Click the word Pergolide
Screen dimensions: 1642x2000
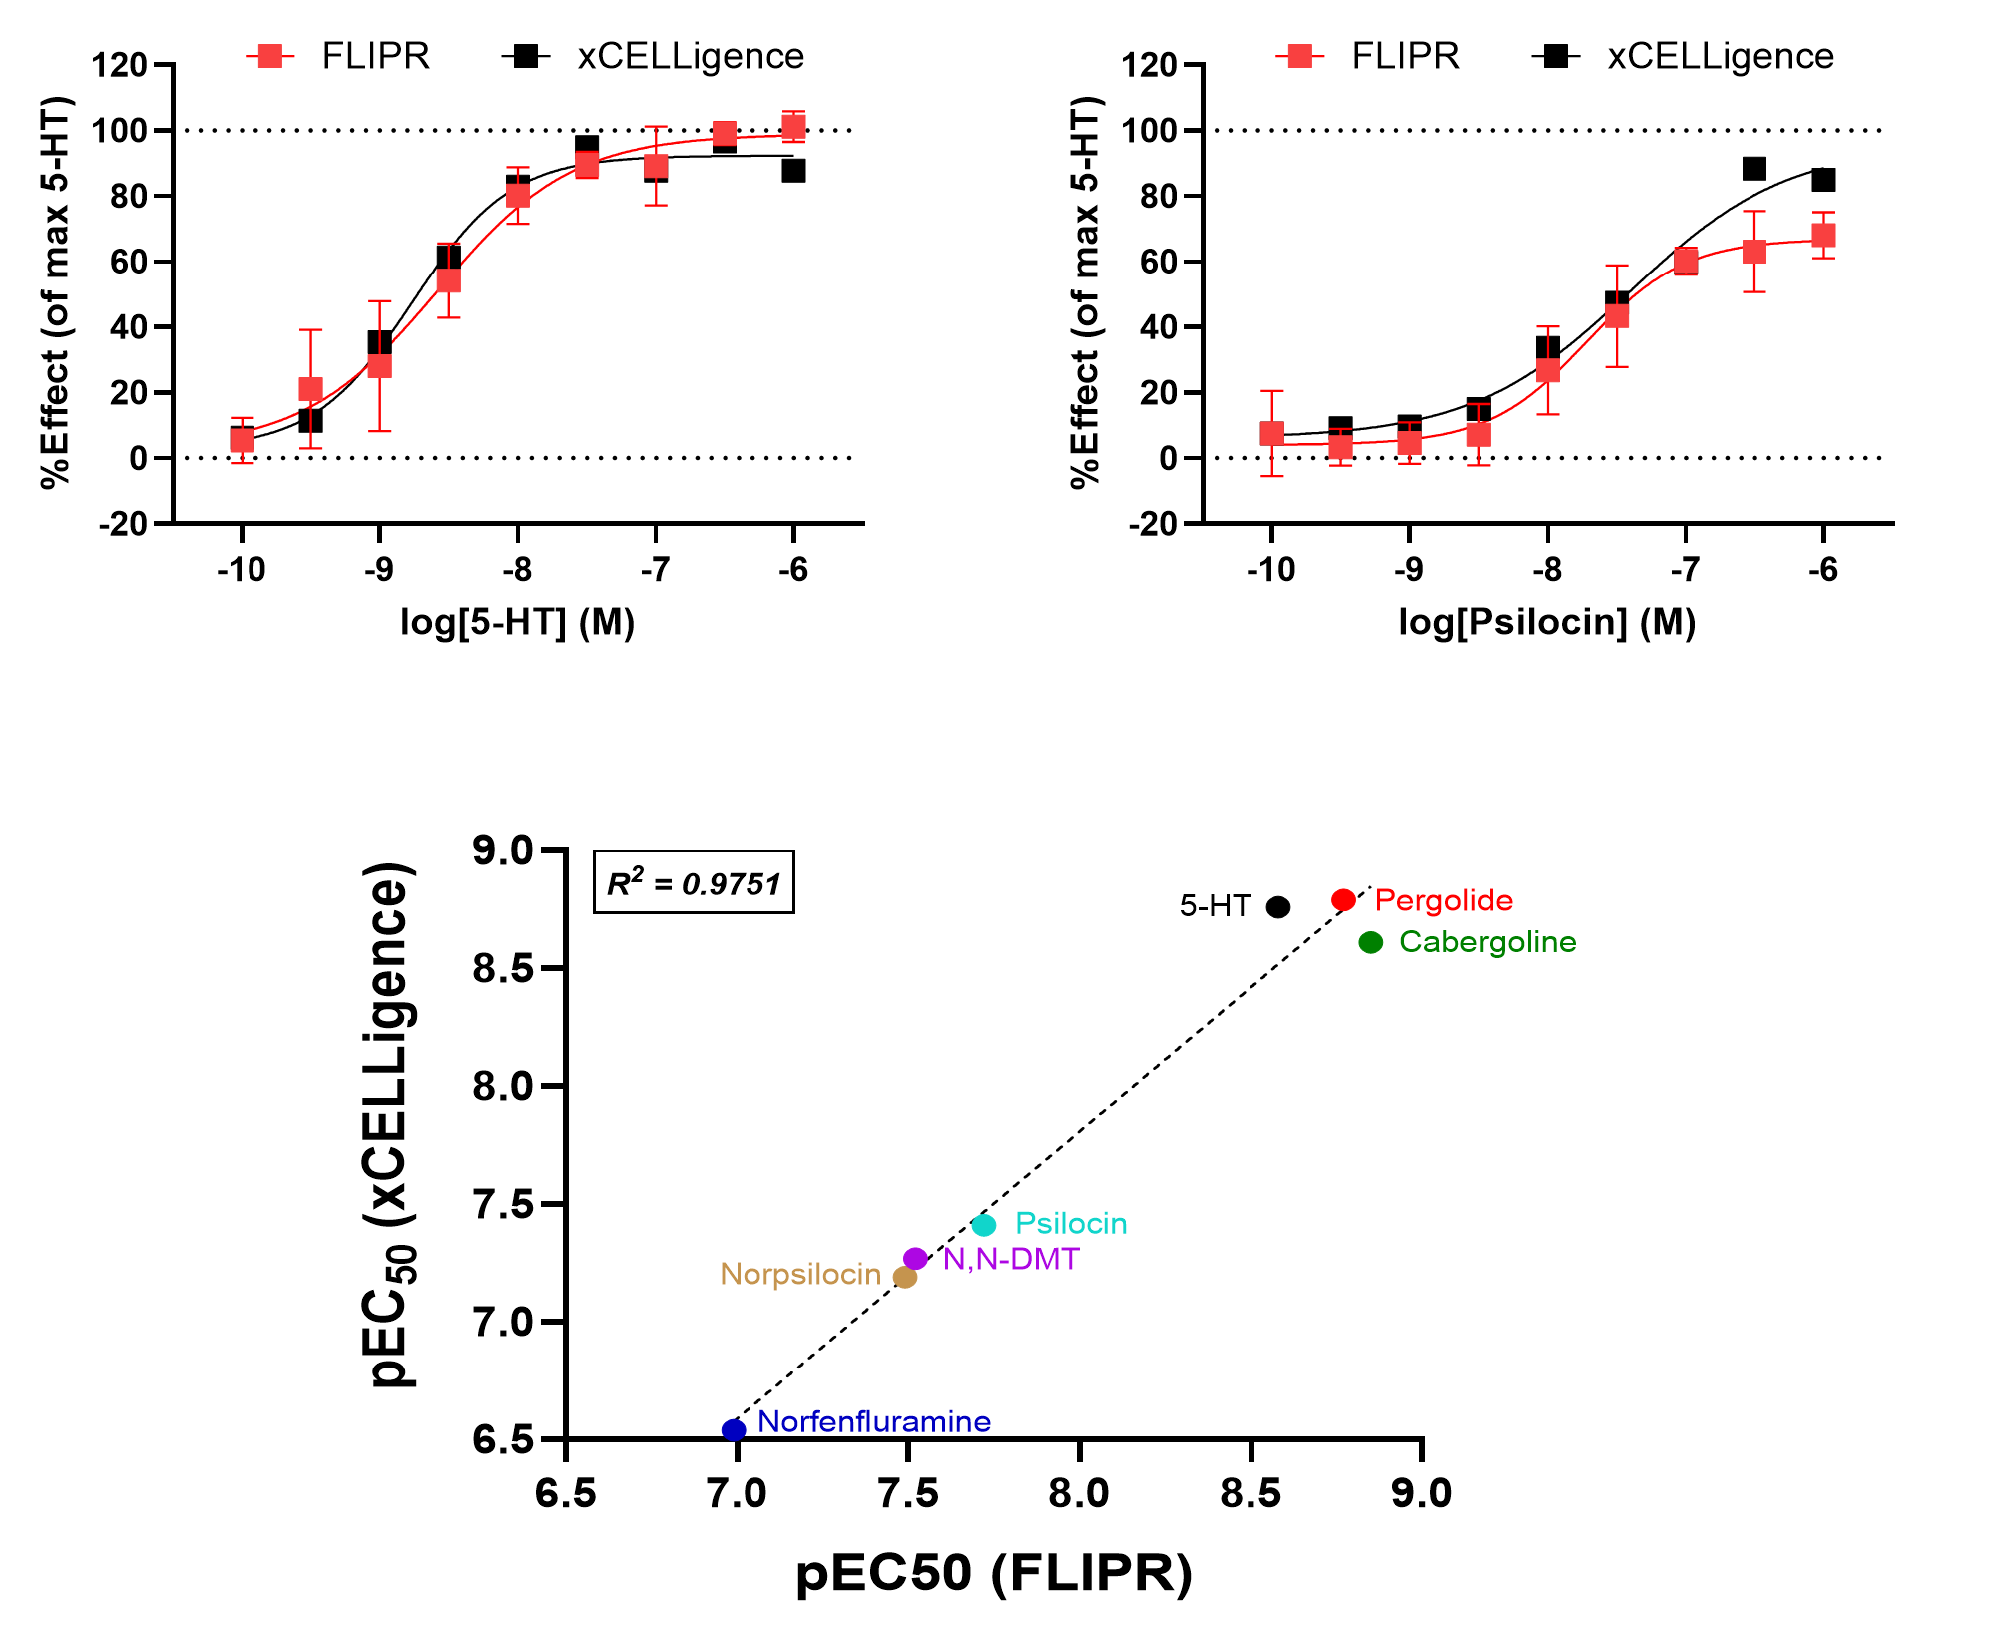click(x=1443, y=900)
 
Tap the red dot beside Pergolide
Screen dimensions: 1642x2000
click(x=1344, y=900)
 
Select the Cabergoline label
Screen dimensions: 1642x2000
click(x=1487, y=942)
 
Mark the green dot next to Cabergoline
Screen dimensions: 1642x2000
click(x=1371, y=942)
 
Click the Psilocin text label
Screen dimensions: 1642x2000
click(x=1071, y=1223)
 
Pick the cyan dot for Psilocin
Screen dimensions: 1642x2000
click(x=984, y=1225)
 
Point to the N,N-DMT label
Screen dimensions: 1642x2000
click(x=1011, y=1259)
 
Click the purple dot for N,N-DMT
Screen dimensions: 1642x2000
click(x=915, y=1258)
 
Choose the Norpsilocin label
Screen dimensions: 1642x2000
click(x=800, y=1275)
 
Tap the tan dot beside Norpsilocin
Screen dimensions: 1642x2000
click(x=905, y=1277)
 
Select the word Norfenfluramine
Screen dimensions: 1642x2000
click(x=874, y=1421)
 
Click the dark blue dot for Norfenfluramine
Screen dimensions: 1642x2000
click(x=734, y=1430)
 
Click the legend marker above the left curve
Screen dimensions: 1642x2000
click(x=269, y=57)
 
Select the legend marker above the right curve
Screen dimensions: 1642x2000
click(x=1299, y=57)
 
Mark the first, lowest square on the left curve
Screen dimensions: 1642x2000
click(x=243, y=440)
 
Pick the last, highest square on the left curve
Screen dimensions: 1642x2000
click(x=793, y=127)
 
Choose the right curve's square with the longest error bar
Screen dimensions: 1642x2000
click(x=1617, y=316)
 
